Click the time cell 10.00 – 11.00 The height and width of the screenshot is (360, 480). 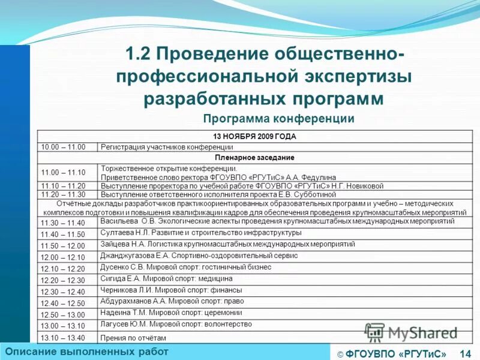63,147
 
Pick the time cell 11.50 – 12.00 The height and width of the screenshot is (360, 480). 63,246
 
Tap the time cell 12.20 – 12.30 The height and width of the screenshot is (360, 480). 63,280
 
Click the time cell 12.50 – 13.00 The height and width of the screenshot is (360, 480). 63,314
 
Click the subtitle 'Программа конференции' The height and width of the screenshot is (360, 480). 278,118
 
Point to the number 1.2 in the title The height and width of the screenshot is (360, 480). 139,55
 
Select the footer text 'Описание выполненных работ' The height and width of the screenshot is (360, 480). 87,351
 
